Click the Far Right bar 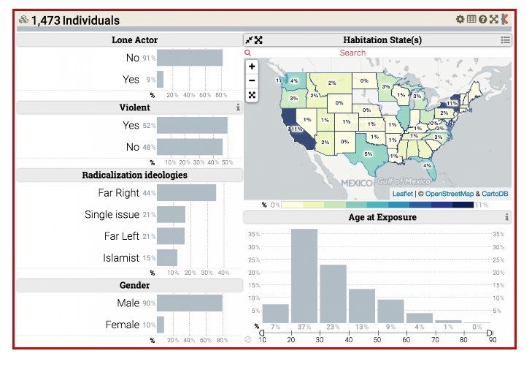[186, 193]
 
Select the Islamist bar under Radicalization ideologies [167, 258]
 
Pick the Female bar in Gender [161, 325]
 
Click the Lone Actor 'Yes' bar [161, 79]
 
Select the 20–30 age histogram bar [304, 276]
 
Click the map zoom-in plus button [252, 67]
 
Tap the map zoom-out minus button [252, 80]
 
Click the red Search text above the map [352, 53]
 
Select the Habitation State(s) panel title [382, 40]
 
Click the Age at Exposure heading [382, 217]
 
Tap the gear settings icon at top [460, 19]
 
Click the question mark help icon [482, 19]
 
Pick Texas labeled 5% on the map [368, 154]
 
